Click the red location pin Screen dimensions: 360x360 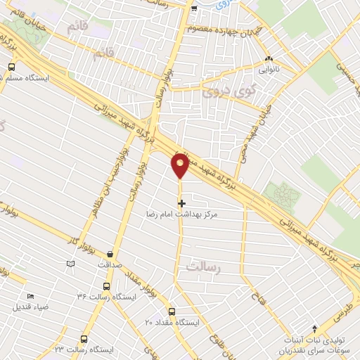[180, 165]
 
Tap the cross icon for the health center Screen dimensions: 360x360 [182, 202]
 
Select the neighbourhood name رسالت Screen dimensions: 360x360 [205, 266]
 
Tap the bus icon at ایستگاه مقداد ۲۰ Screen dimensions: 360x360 [172, 311]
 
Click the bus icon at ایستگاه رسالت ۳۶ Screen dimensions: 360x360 [106, 286]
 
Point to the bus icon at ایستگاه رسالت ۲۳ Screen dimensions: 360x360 [84, 339]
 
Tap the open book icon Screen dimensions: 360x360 [70, 264]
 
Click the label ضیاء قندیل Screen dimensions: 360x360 [31, 307]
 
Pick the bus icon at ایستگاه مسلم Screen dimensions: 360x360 [11, 67]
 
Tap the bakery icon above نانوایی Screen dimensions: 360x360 [268, 59]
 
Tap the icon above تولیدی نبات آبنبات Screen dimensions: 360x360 [314, 328]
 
